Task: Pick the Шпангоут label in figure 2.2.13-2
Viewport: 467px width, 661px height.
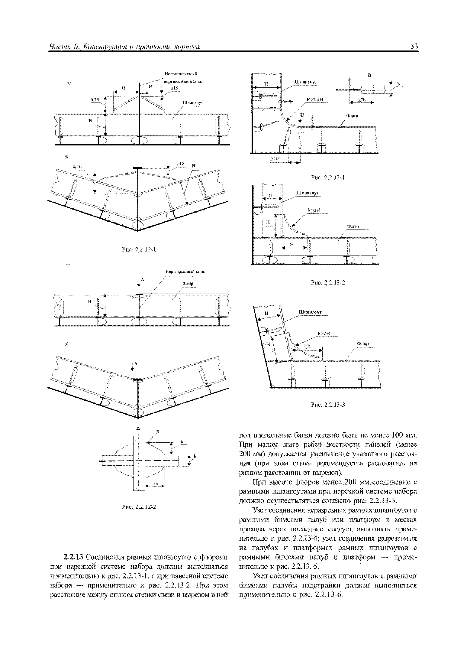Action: point(308,193)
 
